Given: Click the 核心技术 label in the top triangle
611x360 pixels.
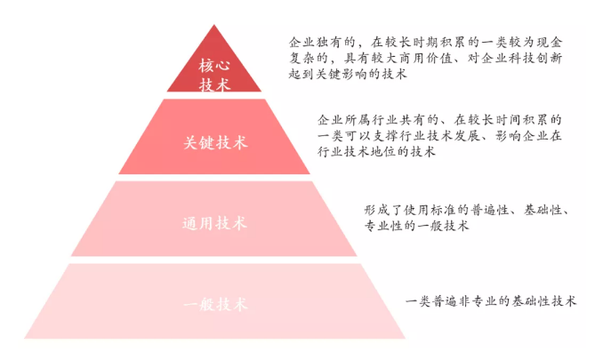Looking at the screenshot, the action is point(214,75).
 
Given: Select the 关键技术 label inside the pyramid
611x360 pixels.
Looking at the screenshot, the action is point(215,142).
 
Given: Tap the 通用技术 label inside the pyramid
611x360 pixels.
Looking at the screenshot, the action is point(214,223).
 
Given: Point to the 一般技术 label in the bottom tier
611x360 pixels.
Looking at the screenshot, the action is point(215,304).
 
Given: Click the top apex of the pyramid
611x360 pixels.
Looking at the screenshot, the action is point(214,25).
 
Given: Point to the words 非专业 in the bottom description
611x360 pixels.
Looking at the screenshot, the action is point(478,301).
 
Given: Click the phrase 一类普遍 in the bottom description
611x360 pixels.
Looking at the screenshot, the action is point(431,301).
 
